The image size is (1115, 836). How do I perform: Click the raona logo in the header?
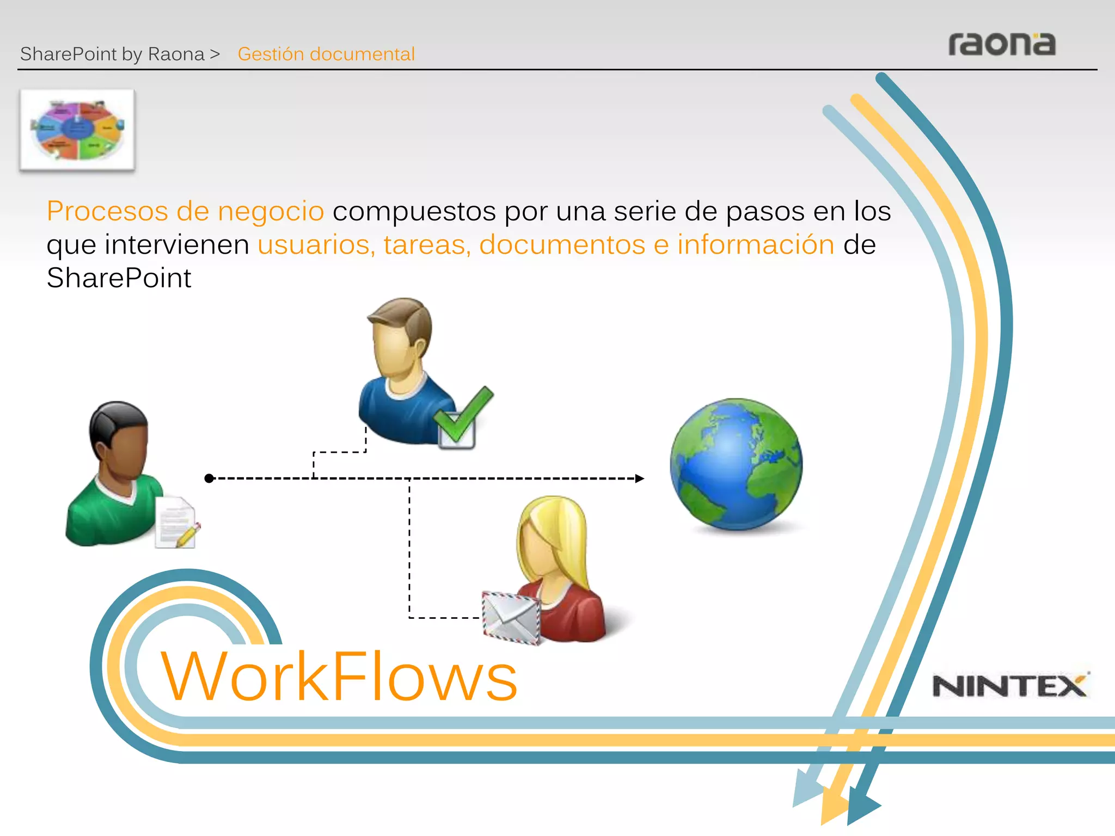1002,45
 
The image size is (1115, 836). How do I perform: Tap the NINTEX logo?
1010,686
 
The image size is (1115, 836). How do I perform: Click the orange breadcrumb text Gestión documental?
326,54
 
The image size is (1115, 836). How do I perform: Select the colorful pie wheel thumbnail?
77,130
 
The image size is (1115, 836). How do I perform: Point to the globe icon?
736,464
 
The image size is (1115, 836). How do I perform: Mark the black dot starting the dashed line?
209,478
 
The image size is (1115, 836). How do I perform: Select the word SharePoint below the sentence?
119,278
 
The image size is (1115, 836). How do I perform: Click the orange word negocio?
271,211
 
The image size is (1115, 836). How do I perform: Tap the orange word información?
756,245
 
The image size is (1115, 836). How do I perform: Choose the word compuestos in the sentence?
414,211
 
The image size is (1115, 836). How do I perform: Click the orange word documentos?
562,245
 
